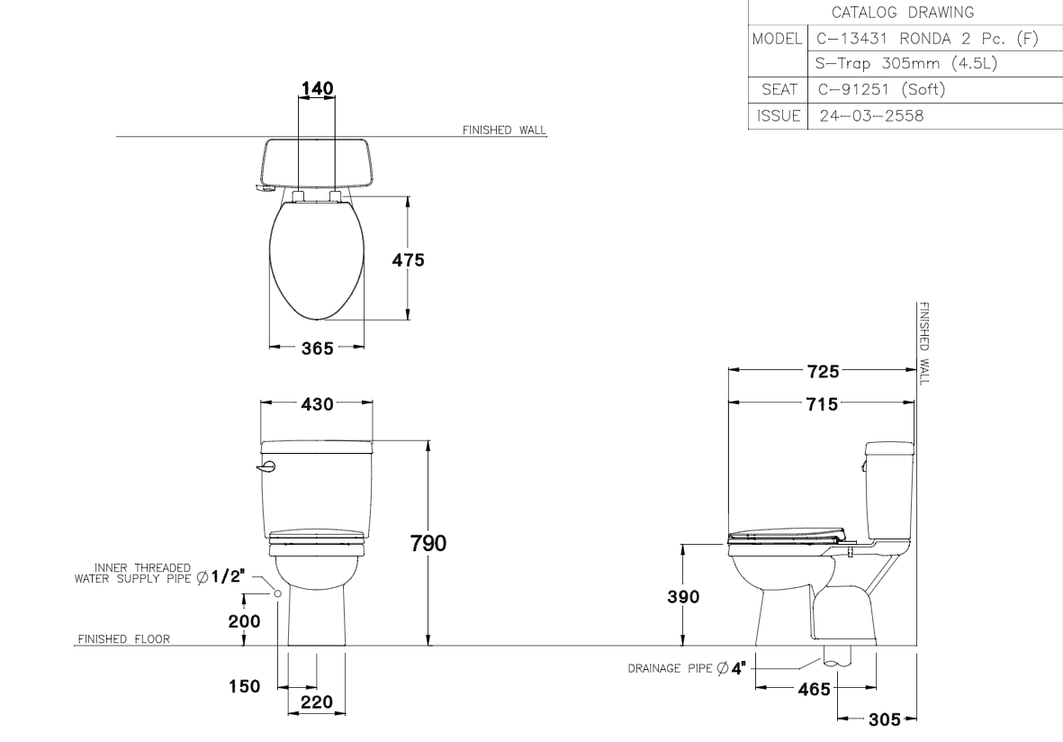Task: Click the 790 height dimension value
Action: coord(428,543)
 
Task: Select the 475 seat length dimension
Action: coord(408,259)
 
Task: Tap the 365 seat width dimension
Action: coord(317,348)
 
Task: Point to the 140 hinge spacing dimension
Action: coord(317,88)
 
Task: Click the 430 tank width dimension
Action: coord(317,404)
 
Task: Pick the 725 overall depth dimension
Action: coord(823,372)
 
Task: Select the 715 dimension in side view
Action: coord(823,404)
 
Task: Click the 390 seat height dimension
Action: coord(682,597)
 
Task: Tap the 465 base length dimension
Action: coord(815,689)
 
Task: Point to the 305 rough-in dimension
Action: coord(885,719)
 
